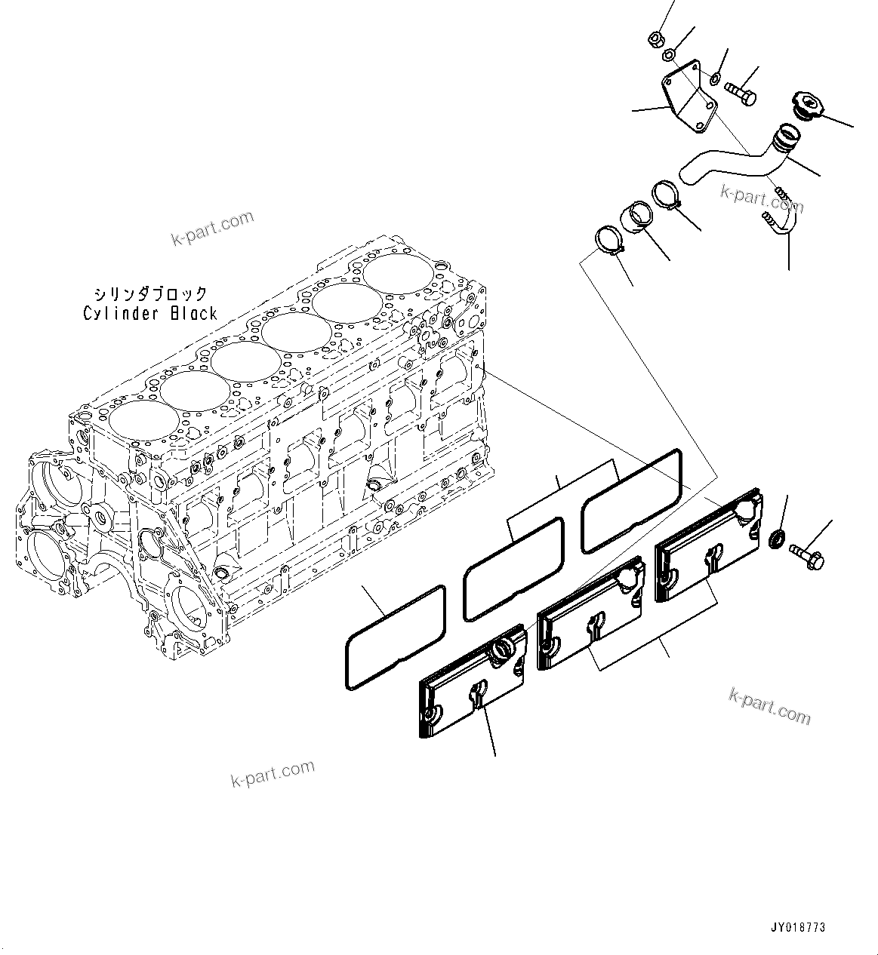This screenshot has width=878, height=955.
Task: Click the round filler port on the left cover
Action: click(504, 647)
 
